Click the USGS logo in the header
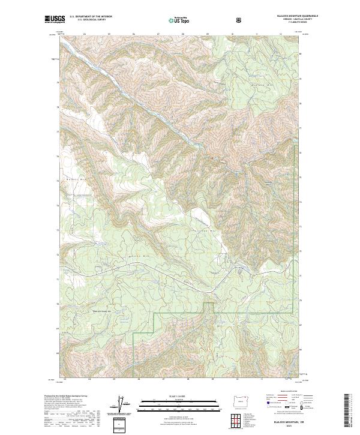(55, 20)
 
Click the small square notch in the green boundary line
(208, 308)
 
